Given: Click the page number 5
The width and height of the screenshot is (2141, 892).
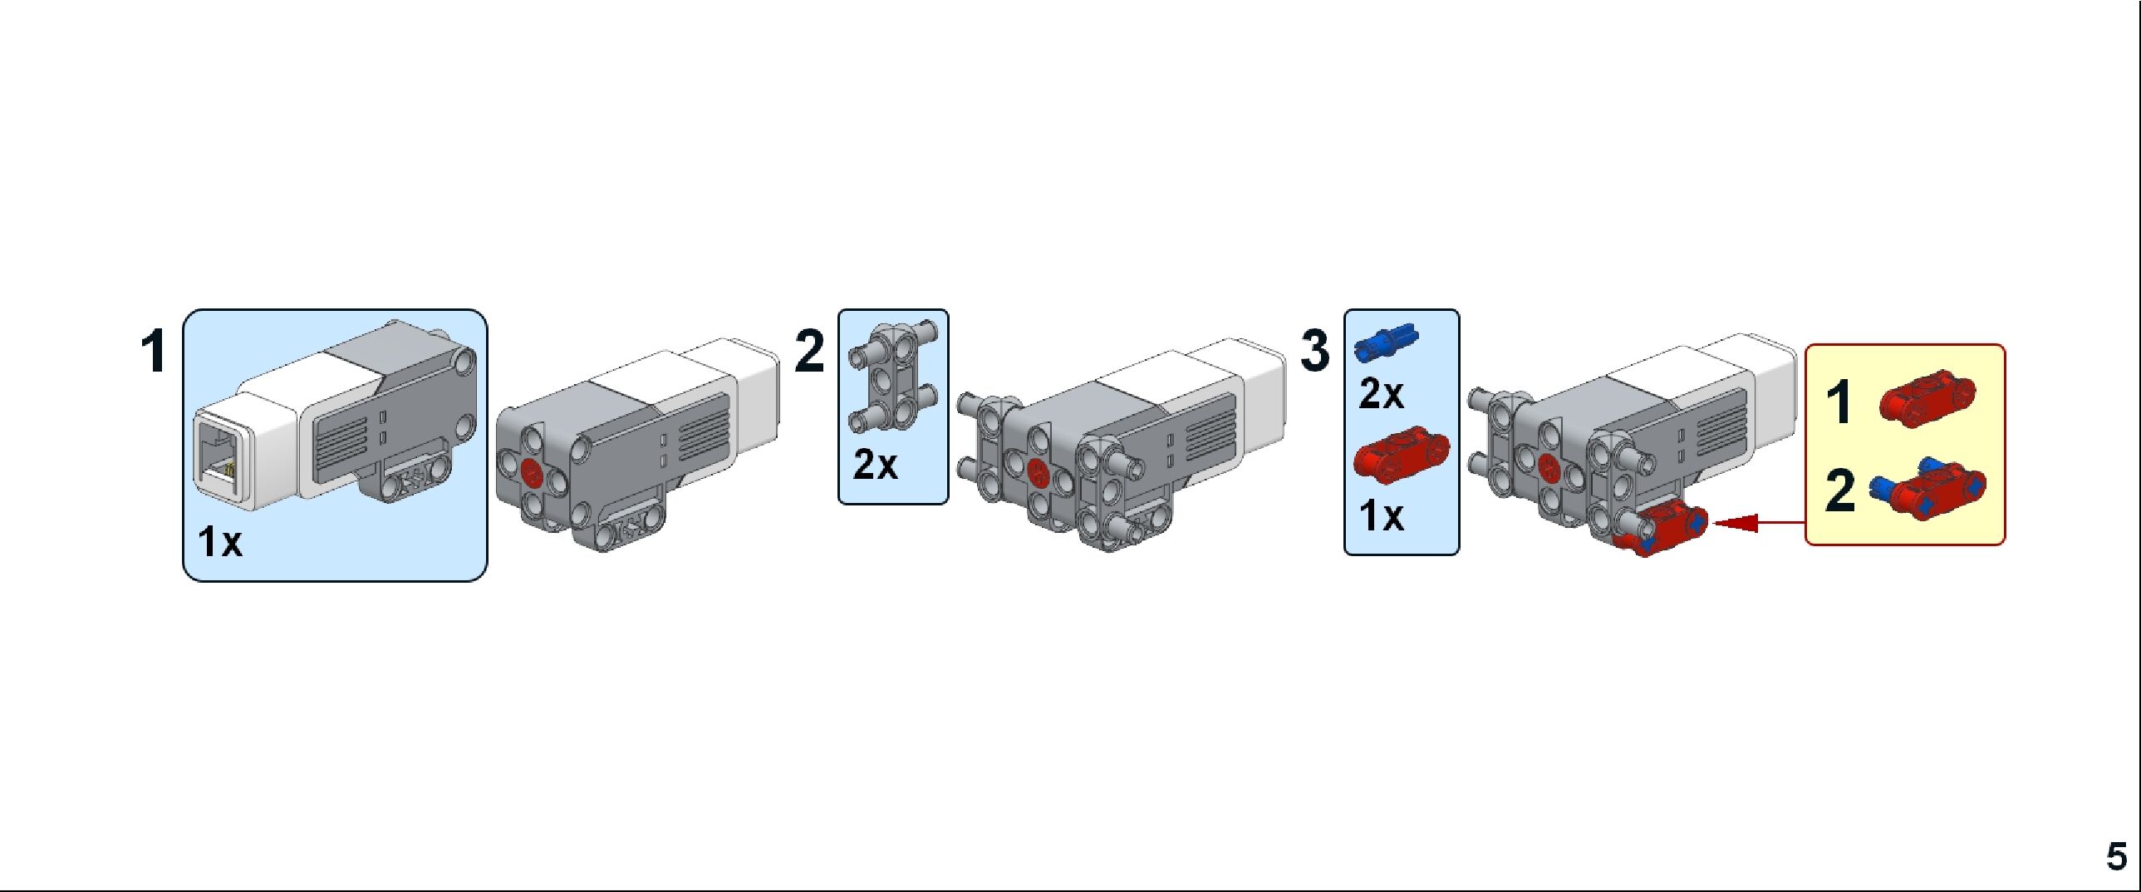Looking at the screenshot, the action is point(2116,856).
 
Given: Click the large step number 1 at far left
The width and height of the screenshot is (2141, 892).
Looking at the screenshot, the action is point(154,351).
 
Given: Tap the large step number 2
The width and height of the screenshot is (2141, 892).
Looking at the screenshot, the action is point(809,351).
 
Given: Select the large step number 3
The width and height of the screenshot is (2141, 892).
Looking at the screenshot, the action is point(1315,351).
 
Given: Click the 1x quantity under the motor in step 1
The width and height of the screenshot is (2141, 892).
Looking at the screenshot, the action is point(219,542).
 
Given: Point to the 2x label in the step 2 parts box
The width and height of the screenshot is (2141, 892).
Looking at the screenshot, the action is point(875,465).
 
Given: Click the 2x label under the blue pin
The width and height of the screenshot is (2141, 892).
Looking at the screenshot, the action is point(1381,394).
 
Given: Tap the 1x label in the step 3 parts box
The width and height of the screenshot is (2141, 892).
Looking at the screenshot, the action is point(1381,516).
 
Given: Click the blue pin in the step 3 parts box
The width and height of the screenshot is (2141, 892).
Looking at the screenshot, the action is point(1387,342).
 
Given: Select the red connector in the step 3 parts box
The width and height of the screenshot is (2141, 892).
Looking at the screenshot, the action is point(1402,453).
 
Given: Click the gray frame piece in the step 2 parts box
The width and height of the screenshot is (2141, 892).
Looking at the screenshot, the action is point(893,377).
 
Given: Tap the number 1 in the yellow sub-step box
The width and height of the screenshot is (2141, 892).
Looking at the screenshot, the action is point(1839,402).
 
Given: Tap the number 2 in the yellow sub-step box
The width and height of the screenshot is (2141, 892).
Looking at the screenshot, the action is point(1839,490).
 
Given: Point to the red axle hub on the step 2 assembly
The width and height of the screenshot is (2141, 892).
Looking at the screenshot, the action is point(1037,472).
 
